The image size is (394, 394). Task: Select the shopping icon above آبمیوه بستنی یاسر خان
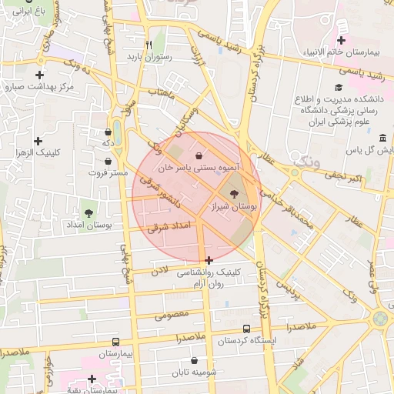[199, 155]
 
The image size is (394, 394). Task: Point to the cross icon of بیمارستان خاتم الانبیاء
[341, 40]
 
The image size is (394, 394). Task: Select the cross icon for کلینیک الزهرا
[38, 142]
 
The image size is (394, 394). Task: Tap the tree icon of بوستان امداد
[89, 211]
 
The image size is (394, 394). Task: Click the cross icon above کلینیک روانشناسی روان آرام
[209, 260]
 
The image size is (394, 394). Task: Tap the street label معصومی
[172, 314]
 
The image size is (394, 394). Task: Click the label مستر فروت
[106, 173]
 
